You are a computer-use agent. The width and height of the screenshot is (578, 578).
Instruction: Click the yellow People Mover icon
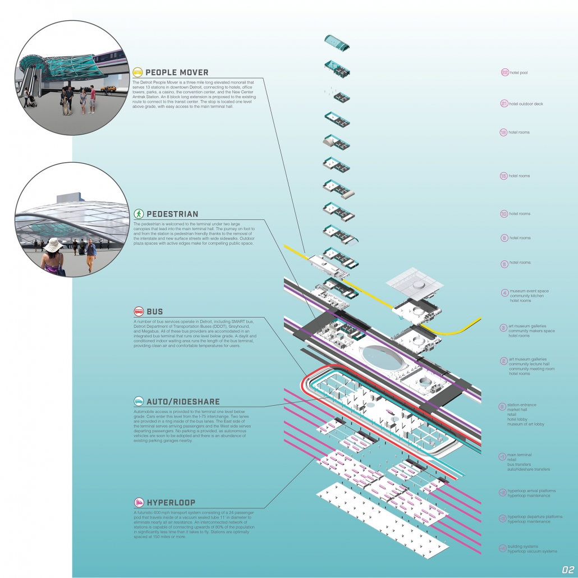pos(137,72)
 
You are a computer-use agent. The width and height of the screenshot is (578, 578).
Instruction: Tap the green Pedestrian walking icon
pos(137,214)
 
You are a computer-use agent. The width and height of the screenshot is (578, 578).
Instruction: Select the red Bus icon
pos(137,312)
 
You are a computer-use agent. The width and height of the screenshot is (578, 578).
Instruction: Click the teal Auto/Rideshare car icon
pos(137,401)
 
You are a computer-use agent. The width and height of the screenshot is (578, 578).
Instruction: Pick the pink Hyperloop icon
pos(137,502)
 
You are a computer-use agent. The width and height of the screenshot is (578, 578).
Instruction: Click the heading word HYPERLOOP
pos(171,503)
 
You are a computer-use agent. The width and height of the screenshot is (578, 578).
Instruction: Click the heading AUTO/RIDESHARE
pos(183,402)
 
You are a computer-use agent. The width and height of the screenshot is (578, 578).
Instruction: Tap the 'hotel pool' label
pos(519,73)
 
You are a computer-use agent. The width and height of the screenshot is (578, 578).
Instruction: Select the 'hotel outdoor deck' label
pos(526,104)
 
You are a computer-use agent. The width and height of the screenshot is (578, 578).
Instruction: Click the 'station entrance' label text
pos(522,405)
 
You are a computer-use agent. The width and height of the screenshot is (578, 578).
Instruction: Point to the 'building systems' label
pos(523,546)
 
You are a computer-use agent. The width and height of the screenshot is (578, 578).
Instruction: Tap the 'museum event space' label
pos(529,291)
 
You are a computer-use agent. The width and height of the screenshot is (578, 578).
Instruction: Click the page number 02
pos(568,568)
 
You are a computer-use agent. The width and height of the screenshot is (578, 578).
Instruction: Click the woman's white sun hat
pos(54,245)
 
